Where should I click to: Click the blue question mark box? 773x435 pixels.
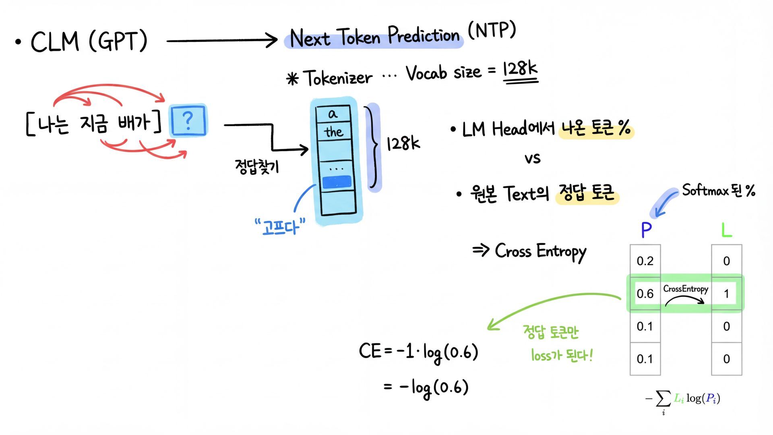[x=188, y=120]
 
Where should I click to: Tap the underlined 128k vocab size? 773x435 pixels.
[x=520, y=71]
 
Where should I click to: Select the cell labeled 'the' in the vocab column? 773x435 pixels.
[x=334, y=132]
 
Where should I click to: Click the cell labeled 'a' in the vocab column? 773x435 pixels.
[x=333, y=114]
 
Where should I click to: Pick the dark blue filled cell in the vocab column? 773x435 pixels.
[x=337, y=182]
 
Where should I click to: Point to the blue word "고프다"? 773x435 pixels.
[x=280, y=227]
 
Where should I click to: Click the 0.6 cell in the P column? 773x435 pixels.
[x=645, y=294]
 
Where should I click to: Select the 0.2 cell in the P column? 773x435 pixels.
[x=645, y=261]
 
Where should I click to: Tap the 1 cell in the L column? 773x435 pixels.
[x=726, y=294]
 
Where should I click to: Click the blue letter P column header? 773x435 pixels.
[x=646, y=230]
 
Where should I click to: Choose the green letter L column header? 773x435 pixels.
[x=726, y=230]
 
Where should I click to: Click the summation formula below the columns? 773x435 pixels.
[x=683, y=400]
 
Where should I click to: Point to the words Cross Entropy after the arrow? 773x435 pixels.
[x=540, y=252]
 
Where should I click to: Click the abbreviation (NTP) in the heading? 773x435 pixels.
[x=492, y=30]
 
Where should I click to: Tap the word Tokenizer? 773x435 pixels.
[x=338, y=78]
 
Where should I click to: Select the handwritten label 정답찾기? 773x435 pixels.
[x=257, y=166]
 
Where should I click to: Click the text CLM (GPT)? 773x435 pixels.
[x=89, y=41]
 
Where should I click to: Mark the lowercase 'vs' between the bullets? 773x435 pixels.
[x=532, y=158]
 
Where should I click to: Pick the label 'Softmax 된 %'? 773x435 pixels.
[x=718, y=190]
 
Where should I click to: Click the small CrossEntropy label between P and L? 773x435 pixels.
[x=686, y=289]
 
